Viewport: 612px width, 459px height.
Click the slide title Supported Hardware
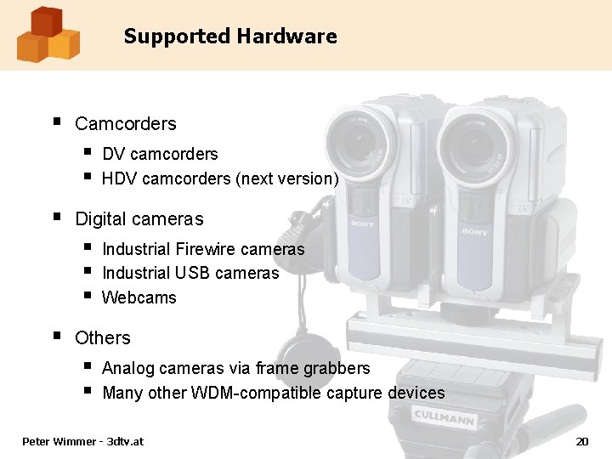pos(229,37)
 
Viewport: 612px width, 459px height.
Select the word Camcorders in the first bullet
pos(126,123)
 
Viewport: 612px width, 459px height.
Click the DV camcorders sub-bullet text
pos(160,154)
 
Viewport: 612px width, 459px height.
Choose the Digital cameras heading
pos(139,218)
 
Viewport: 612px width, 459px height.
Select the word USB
pos(192,273)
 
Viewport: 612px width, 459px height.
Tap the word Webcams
pos(139,297)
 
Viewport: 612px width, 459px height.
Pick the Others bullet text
pos(103,337)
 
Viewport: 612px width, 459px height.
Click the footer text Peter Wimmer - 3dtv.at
pos(83,441)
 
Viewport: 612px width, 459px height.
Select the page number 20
pos(582,441)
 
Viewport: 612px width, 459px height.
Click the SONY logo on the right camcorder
pos(474,231)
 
